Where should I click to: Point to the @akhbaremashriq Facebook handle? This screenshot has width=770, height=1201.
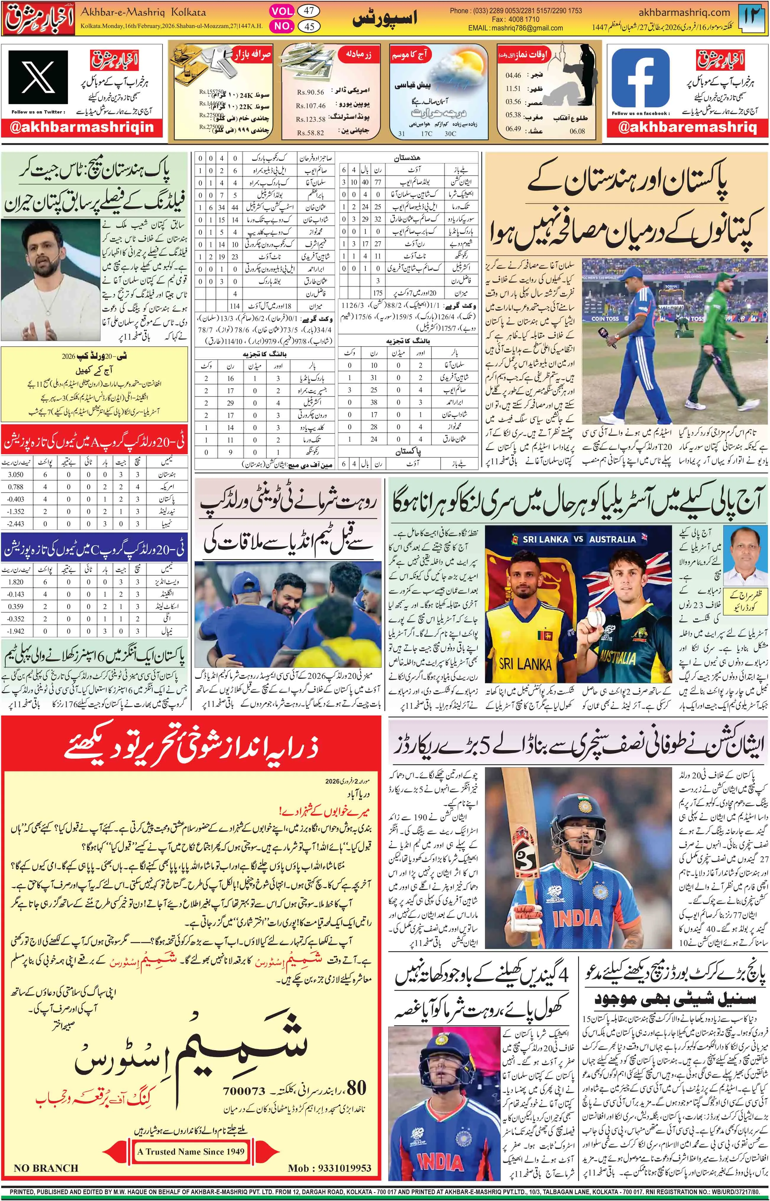click(687, 127)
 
